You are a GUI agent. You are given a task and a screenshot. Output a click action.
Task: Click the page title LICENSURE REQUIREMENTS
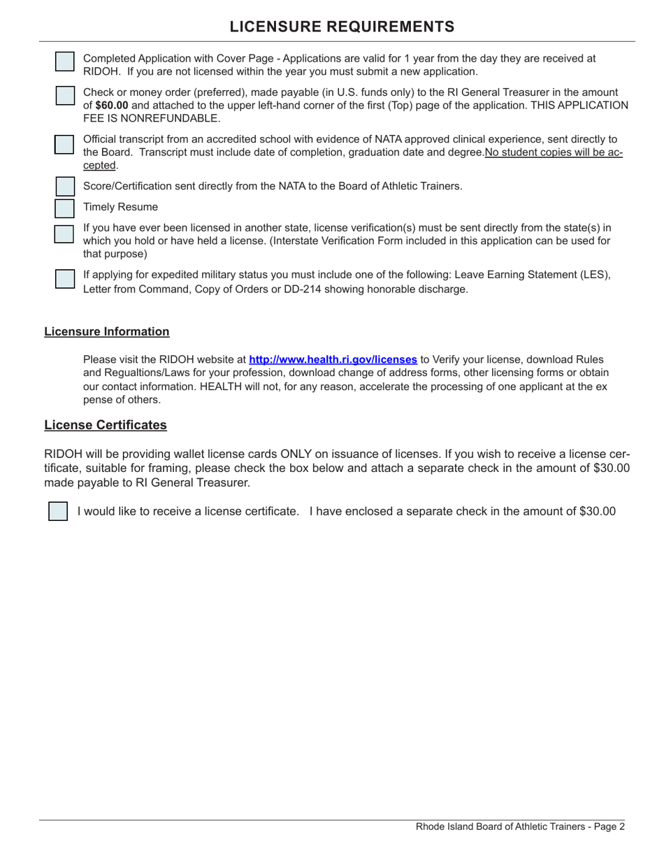342,27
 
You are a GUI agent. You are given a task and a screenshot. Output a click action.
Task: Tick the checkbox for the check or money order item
64,96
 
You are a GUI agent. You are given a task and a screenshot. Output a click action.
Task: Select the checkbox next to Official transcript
64,144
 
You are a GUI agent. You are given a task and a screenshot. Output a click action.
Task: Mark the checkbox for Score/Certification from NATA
64,187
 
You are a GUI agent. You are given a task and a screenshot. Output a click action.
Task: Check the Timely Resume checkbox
64,208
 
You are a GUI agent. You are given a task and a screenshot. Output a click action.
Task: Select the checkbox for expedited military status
64,278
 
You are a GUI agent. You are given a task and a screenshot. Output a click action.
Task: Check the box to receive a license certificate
58,511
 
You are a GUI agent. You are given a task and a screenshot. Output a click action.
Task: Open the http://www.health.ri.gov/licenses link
333,359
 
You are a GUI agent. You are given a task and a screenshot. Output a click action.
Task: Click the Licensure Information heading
106,331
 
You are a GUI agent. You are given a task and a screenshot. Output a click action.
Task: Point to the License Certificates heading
106,425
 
